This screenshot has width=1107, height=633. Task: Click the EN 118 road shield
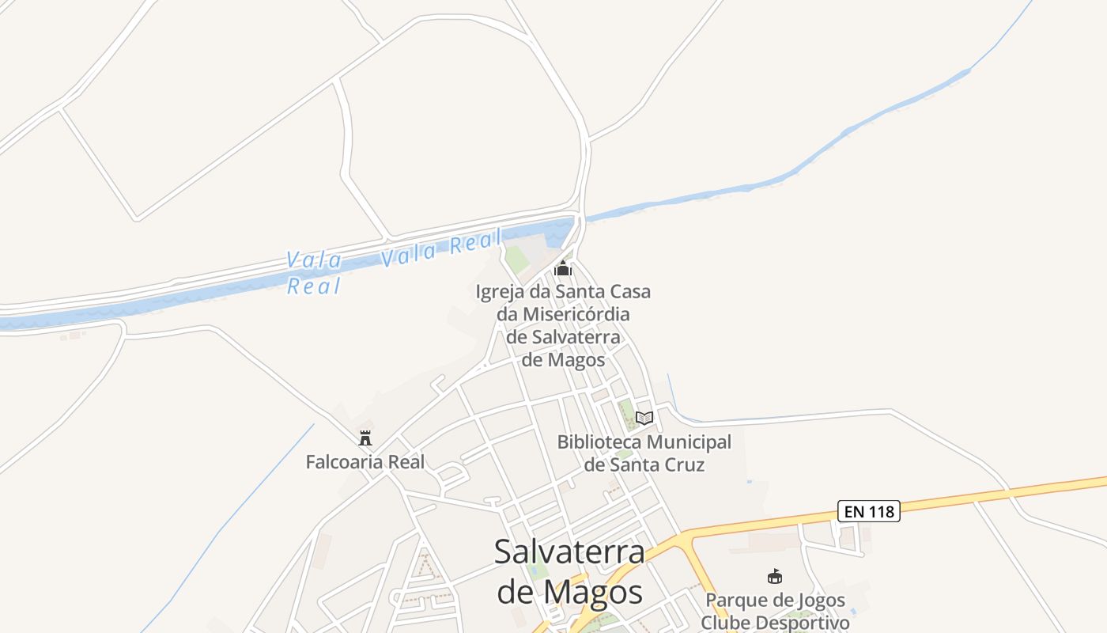(x=869, y=511)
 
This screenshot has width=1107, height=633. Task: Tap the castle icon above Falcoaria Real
(x=365, y=438)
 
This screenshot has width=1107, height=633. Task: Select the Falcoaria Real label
(x=365, y=462)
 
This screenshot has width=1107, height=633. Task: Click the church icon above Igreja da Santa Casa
(x=562, y=268)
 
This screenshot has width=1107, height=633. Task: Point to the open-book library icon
(x=644, y=418)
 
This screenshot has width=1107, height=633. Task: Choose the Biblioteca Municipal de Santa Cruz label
(x=644, y=453)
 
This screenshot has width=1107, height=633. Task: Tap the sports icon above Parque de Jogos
(x=775, y=577)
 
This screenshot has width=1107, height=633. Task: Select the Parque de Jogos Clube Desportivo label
(x=775, y=612)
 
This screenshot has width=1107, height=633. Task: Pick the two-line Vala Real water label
(x=314, y=273)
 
